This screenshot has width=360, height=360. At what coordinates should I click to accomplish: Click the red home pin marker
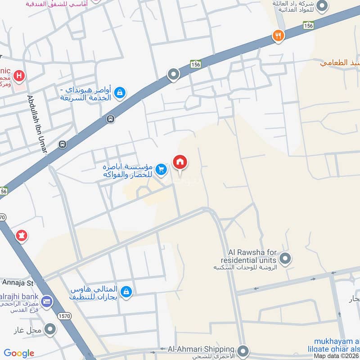click(180, 162)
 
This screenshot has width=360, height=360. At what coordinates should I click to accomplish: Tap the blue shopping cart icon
click(162, 170)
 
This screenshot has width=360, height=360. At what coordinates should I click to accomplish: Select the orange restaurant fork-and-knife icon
click(279, 36)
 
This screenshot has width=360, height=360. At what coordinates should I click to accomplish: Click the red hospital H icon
click(18, 76)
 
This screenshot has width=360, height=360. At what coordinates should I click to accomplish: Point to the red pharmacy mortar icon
click(21, 235)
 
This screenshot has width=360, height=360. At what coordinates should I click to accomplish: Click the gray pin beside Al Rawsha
click(285, 259)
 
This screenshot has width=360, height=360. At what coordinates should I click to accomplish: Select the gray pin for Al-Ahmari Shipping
click(243, 350)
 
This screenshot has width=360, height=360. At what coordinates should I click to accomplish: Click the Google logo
click(19, 353)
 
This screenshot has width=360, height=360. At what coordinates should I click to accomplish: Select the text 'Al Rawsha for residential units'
click(249, 256)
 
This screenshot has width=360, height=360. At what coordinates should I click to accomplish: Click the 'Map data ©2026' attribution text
click(336, 356)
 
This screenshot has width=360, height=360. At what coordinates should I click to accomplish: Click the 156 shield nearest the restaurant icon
click(308, 26)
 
